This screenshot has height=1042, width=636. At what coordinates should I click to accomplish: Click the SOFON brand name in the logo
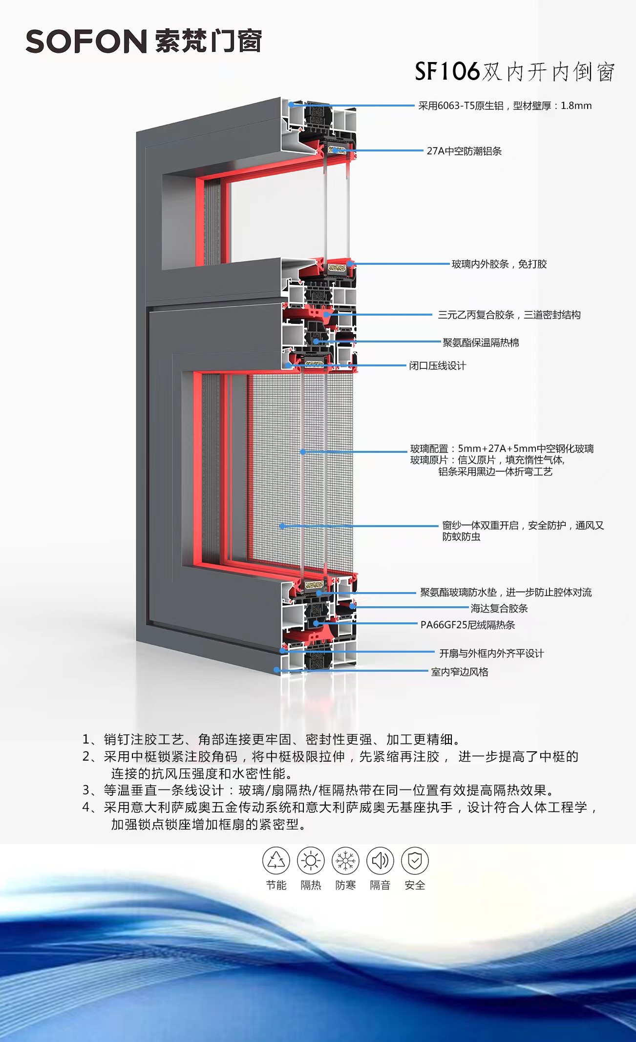[x=86, y=42]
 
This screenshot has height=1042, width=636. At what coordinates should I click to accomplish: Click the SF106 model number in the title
[x=447, y=72]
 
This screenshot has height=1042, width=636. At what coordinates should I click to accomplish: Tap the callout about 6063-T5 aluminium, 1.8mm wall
[x=505, y=106]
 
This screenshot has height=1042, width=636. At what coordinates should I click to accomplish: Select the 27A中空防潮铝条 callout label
[x=464, y=151]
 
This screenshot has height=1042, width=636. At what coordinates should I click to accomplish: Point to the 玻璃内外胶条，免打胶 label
[x=499, y=264]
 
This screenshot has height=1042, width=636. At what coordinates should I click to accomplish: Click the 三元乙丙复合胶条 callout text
[x=509, y=315]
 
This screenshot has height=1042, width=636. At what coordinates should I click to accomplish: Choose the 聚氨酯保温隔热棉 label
[x=480, y=342]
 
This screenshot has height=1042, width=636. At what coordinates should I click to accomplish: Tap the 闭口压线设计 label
[x=437, y=366]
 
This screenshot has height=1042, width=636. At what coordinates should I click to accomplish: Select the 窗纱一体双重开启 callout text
[x=523, y=526]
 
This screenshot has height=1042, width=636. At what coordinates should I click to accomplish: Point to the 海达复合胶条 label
[x=499, y=608]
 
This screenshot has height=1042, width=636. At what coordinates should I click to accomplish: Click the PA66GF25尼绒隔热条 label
[x=467, y=625]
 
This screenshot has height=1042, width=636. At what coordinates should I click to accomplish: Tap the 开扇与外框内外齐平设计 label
[x=491, y=654]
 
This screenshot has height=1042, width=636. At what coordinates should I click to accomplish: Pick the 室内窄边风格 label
[x=459, y=672]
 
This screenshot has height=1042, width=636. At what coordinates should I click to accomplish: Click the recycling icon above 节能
[x=276, y=860]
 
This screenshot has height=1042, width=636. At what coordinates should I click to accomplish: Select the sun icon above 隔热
[x=311, y=860]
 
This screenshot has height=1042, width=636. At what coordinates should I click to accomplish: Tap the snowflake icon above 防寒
[x=345, y=860]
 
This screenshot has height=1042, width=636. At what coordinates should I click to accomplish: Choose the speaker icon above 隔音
[x=380, y=860]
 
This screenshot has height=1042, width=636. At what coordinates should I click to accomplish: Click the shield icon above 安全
[x=415, y=860]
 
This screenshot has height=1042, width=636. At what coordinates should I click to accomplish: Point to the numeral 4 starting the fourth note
[x=86, y=807]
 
